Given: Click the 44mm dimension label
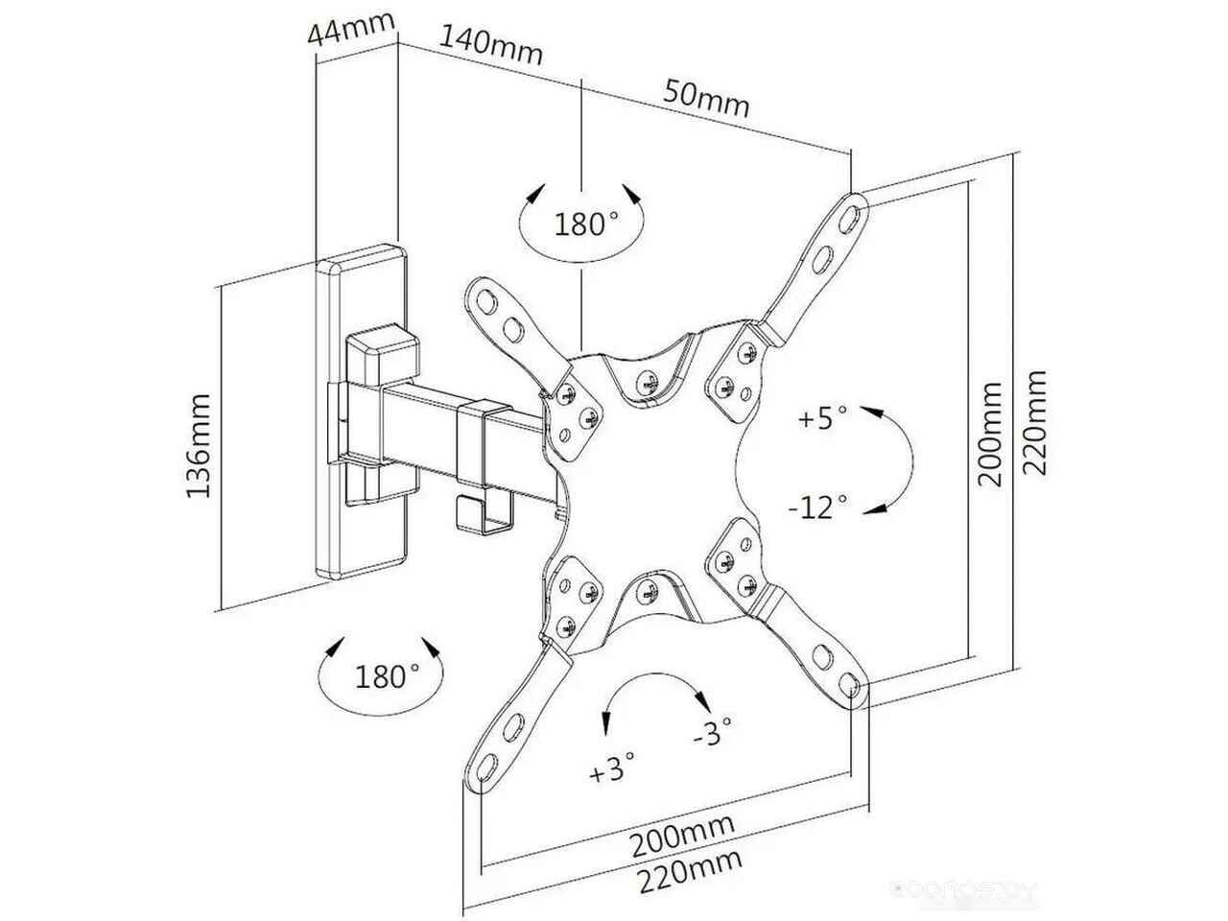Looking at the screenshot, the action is (352, 29).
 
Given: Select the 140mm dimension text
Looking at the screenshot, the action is (490, 46).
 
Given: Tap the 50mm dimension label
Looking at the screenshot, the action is (706, 99).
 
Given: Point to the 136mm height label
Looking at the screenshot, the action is (199, 446).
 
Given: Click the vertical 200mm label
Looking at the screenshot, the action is (989, 435).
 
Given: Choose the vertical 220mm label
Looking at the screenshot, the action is (1034, 422).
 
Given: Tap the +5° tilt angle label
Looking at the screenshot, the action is (822, 417).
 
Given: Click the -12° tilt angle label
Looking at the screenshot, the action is (818, 508).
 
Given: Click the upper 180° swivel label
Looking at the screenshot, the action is (586, 224).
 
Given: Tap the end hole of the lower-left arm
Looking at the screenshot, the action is (486, 766).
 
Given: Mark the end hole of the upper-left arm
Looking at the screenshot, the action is (486, 302).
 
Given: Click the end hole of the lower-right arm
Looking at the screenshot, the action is (848, 684).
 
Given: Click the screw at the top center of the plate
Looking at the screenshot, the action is (647, 383).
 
